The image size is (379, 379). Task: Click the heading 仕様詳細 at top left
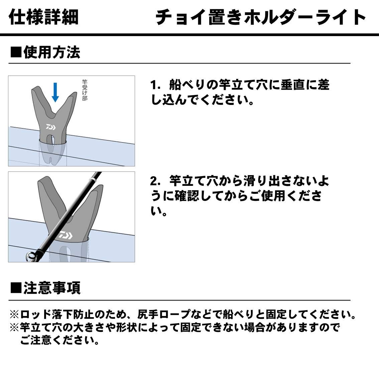43,17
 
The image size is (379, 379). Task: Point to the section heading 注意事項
52,288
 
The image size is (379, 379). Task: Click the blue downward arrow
55,92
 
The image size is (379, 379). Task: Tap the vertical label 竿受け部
84,90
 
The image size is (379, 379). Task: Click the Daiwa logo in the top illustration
51,127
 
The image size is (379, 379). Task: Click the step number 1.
155,85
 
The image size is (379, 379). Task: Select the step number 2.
155,181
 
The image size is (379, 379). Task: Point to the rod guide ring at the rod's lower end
31,256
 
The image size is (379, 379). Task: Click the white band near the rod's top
91,179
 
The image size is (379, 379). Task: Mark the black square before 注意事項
16,288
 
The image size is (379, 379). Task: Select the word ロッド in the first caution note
35,314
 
